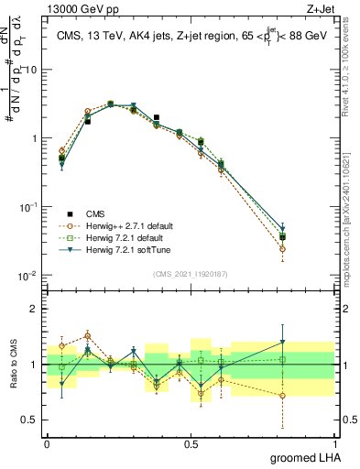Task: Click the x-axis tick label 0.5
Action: coord(191,442)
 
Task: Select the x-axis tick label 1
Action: coord(333,442)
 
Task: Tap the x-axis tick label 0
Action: coord(47,442)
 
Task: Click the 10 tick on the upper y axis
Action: coord(31,70)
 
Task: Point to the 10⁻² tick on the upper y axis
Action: coord(29,276)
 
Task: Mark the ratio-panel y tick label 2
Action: coord(35,309)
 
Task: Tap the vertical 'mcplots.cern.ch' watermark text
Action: coord(351,229)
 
